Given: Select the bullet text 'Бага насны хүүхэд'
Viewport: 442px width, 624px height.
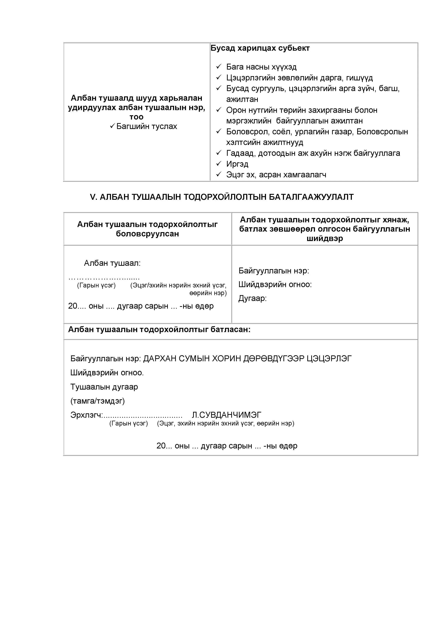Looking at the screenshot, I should [x=261, y=67].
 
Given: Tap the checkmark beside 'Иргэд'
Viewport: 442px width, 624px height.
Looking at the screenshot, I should [x=219, y=164].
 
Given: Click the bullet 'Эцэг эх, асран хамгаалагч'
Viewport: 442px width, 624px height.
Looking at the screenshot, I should [x=276, y=175].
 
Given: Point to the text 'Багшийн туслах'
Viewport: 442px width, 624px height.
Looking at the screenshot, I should [x=146, y=126].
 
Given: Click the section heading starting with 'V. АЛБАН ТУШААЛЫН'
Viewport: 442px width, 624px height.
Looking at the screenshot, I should [x=222, y=197].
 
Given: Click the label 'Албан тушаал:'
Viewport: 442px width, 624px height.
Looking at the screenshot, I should [x=112, y=263].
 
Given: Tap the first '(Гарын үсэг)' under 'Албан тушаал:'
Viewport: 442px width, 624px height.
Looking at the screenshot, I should [x=96, y=285].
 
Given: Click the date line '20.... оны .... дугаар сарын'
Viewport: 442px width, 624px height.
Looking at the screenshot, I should [x=141, y=306].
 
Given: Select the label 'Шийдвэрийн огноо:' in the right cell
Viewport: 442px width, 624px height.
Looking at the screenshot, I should [x=275, y=285].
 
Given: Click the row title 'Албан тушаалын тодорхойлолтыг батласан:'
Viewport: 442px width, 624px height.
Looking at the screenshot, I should [x=159, y=330].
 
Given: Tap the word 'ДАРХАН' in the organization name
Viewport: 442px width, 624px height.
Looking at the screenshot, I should [x=160, y=359].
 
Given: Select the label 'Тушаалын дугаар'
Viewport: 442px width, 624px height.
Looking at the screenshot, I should [x=104, y=387].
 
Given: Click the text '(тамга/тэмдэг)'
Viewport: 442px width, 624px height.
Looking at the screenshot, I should [x=97, y=401].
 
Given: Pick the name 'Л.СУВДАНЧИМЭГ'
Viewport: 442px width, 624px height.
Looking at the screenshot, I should [x=226, y=415].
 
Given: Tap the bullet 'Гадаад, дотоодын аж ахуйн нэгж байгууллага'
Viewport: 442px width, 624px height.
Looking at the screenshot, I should [x=313, y=153].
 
